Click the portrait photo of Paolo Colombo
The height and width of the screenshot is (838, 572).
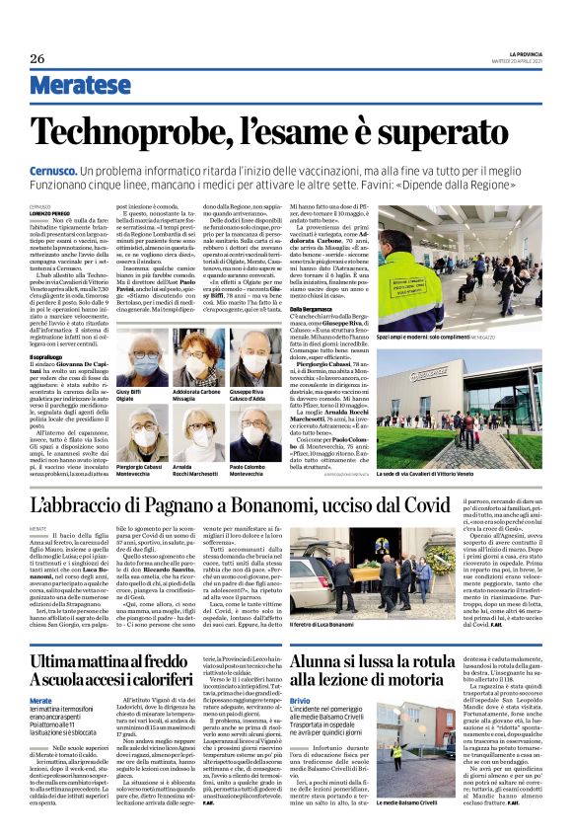click(x=253, y=432)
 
